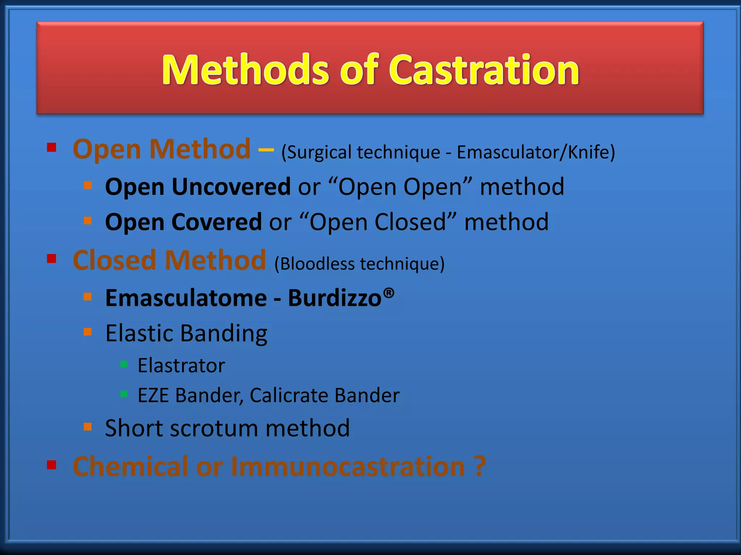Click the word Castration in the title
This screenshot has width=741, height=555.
tap(484, 70)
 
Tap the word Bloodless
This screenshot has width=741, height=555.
tap(317, 264)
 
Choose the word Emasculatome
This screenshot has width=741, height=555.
tap(186, 298)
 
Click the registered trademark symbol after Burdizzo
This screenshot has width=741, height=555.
tap(389, 292)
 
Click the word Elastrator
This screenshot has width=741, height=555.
tap(181, 366)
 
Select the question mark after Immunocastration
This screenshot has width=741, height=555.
tap(479, 466)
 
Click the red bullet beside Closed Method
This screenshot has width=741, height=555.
tap(52, 259)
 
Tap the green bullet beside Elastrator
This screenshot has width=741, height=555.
tap(124, 364)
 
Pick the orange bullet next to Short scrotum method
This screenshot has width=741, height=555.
tap(88, 427)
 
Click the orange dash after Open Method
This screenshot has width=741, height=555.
tap(266, 150)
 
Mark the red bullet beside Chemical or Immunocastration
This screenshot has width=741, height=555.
tap(52, 465)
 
